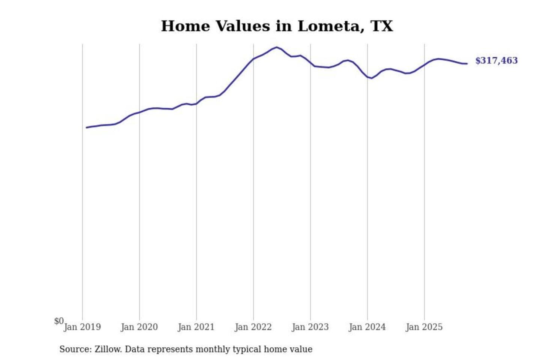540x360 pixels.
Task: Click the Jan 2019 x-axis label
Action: [82, 327]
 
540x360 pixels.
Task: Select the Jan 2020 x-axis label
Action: [139, 327]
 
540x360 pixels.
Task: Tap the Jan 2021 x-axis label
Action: [196, 327]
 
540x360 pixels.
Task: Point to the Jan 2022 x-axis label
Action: [253, 327]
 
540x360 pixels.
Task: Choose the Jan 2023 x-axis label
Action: [310, 327]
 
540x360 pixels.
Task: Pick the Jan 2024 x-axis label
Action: [367, 327]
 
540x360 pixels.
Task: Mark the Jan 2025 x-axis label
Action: [424, 327]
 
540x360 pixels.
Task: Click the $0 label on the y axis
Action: [59, 321]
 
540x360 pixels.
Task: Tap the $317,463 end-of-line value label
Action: [496, 61]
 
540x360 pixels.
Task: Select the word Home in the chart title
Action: [186, 26]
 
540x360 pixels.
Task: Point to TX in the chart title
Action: [382, 26]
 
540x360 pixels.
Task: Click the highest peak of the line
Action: [277, 47]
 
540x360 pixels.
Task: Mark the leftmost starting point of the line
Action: [87, 127]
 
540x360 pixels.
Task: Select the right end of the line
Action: [467, 64]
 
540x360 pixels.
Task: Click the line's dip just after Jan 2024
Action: [371, 78]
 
